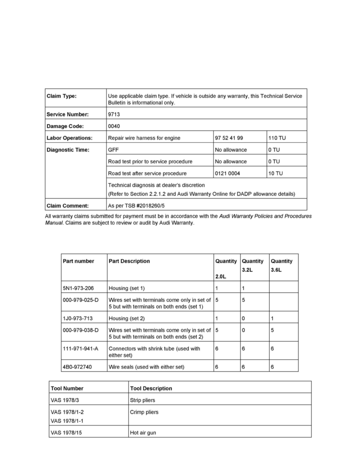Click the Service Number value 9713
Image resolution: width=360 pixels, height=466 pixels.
pos(114,115)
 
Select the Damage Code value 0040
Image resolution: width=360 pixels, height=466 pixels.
pos(114,126)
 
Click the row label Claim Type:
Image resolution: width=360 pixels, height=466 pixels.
pos(62,96)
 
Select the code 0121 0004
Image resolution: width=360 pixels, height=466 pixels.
pos(227,173)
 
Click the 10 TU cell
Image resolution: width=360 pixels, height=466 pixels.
pos(275,173)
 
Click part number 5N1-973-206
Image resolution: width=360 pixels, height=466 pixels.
pos(78,288)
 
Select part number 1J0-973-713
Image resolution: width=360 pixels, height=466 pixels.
pos(78,319)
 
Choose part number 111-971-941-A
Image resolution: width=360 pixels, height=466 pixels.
pos(80,348)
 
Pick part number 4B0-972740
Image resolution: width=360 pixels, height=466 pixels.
pos(78,367)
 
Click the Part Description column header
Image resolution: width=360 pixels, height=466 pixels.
pos(129,261)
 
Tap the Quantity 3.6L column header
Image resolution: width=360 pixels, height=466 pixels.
pos(282,266)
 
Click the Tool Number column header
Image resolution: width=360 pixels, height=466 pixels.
pos(67,388)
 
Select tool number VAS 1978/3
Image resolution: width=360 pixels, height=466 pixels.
pos(65,400)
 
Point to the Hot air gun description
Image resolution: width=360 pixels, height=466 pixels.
pos(143,433)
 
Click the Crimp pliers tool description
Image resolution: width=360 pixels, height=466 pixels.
pos(144,412)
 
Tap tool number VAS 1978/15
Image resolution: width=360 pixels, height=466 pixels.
pos(66,433)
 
